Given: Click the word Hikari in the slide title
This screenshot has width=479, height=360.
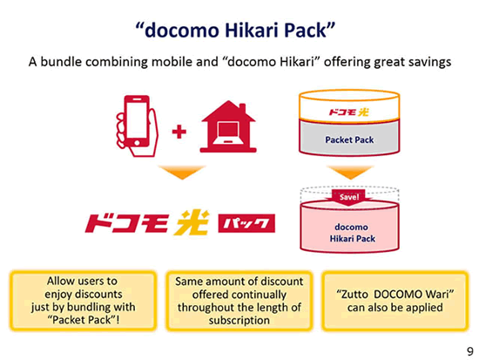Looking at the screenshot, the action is point(252,31).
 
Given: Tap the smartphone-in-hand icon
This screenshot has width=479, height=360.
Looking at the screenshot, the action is point(137,126).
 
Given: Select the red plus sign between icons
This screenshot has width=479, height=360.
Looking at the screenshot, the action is point(179,132).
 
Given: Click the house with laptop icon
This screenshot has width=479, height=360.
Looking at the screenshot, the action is point(228,126).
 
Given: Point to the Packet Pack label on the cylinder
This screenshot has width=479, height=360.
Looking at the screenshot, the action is point(349,139).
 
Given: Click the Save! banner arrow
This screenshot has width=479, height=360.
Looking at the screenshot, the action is point(349,198).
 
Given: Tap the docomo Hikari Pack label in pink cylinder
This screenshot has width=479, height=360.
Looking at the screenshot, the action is point(352,233).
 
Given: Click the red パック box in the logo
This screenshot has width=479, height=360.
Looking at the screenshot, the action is point(246,223).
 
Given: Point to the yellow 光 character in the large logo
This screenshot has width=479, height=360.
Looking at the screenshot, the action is point(192,222).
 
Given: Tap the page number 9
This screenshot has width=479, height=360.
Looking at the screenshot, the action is point(469,351).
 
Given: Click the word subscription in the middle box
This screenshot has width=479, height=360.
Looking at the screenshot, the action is point(239,320).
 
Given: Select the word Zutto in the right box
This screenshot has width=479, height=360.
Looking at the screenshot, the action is point(352,295).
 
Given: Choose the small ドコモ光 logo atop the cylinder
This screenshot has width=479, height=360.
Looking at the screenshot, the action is point(348,112).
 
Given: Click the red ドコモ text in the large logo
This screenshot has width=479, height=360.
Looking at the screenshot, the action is point(126,223).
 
